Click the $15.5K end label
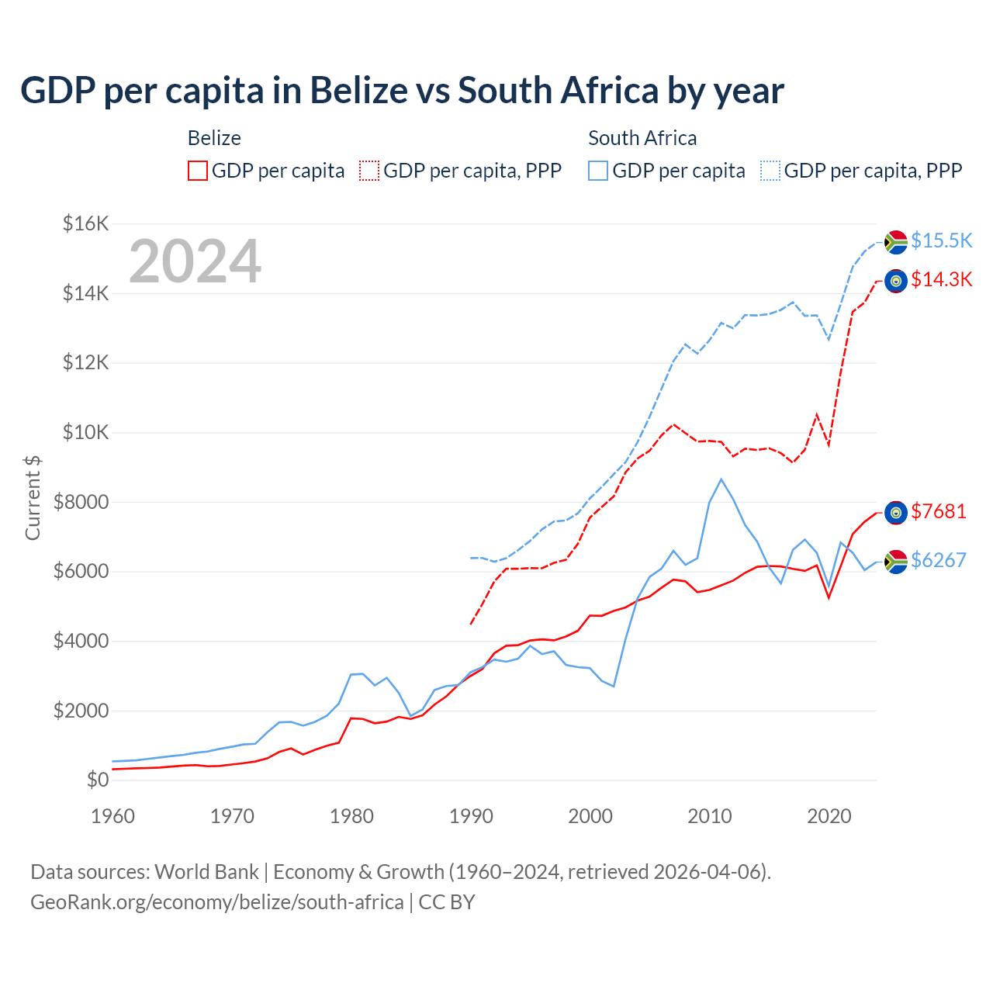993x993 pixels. tap(941, 240)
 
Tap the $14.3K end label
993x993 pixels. tap(941, 279)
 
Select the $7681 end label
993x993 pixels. tap(938, 511)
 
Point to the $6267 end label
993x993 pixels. tap(938, 560)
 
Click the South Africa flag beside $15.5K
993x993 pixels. tap(896, 242)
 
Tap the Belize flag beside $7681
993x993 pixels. tap(896, 512)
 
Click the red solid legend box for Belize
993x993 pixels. tap(198, 171)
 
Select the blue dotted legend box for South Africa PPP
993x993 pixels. tap(770, 171)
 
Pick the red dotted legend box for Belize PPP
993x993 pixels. tap(369, 171)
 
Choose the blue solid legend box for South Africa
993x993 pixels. tap(598, 171)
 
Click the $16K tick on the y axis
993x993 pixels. tap(86, 224)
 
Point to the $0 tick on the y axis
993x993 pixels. tap(97, 780)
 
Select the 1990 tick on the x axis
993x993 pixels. tap(471, 816)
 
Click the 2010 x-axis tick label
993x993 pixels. tap(710, 816)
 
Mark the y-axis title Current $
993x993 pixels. tap(33, 497)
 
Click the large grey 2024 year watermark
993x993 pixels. tap(195, 261)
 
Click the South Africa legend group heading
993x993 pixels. tap(642, 138)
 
